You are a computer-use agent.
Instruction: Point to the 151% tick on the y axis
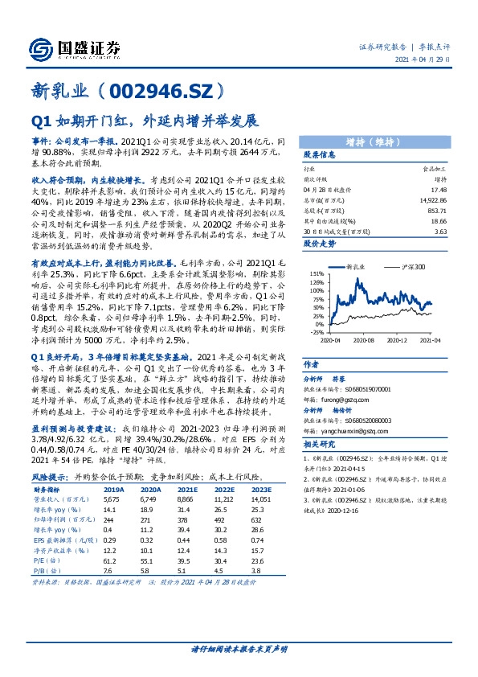click(x=315, y=273)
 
